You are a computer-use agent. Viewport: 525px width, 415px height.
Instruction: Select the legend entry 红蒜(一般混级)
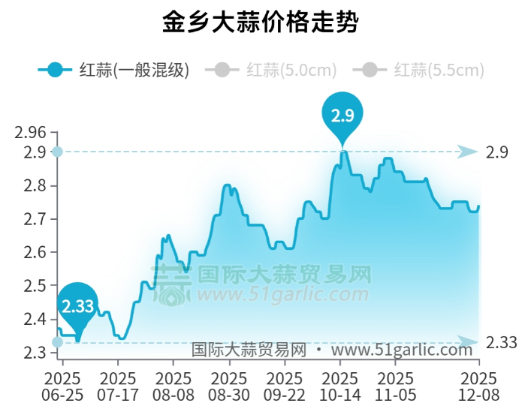(113, 71)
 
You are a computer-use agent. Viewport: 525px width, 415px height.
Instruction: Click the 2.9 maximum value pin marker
(342, 113)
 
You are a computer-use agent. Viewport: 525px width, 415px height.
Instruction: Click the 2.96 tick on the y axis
(31, 134)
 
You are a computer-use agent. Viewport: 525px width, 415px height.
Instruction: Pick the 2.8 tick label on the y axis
(35, 185)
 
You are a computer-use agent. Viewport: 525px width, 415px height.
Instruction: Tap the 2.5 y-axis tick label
(35, 286)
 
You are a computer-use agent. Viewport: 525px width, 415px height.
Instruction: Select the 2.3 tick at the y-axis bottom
(35, 353)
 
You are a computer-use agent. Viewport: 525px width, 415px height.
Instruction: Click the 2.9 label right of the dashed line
(497, 152)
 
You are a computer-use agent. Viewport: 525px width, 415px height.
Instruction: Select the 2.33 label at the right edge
(502, 342)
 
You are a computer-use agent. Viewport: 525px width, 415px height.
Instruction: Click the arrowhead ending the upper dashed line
(468, 152)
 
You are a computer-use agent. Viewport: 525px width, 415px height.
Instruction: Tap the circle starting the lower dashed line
(57, 342)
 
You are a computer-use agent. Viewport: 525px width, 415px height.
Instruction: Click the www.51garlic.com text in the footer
(401, 350)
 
